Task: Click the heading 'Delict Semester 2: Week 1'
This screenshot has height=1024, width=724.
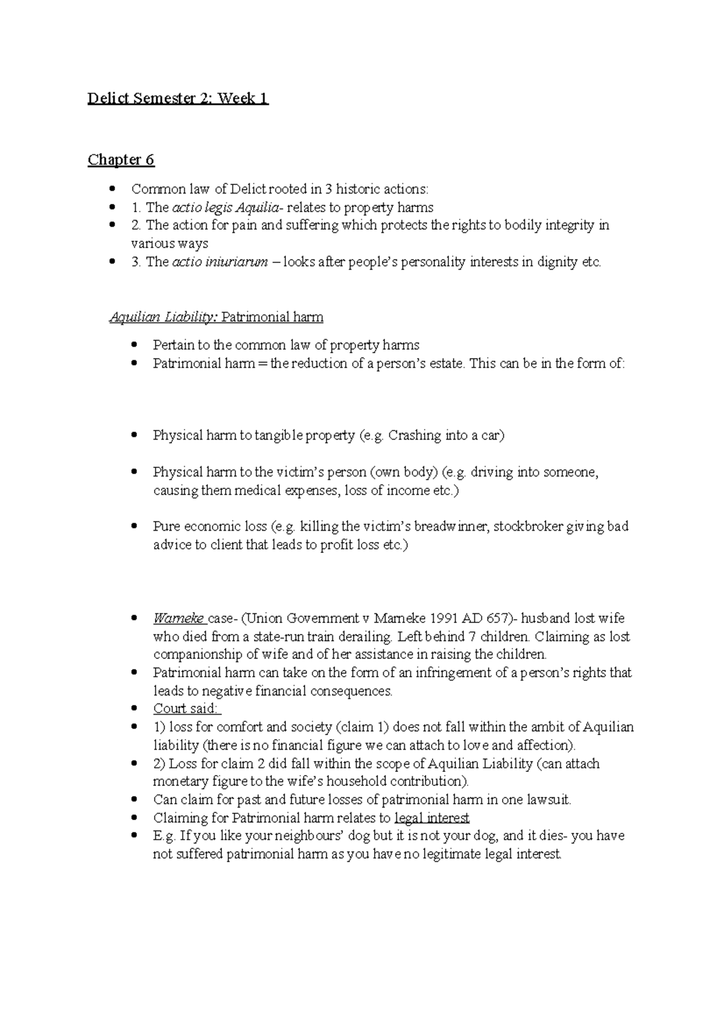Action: (178, 98)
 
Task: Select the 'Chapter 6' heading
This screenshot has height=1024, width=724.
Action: (121, 160)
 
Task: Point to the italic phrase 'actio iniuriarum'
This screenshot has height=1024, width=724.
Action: (220, 262)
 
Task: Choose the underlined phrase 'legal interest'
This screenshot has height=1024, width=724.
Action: (431, 818)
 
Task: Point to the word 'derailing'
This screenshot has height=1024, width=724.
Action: (363, 636)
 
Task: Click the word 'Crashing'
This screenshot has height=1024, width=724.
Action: (414, 435)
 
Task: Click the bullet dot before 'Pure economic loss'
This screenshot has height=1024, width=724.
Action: (135, 526)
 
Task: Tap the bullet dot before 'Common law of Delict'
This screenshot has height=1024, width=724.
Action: (113, 189)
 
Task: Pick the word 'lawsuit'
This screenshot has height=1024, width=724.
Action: (547, 800)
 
